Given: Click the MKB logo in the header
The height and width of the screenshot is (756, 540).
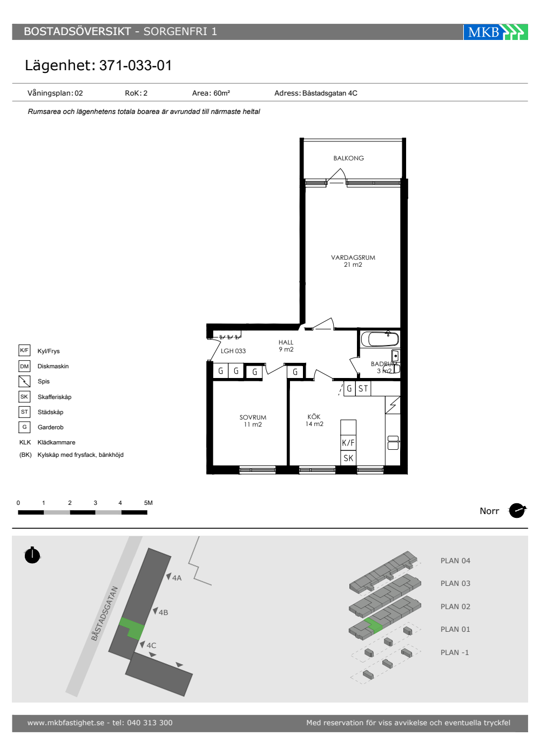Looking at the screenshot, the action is (496, 32).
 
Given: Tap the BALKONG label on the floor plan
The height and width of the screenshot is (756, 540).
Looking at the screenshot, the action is (349, 158).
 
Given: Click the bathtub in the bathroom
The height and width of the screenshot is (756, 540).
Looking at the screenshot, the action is (380, 339).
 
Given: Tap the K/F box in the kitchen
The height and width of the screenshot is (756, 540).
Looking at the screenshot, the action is (348, 443).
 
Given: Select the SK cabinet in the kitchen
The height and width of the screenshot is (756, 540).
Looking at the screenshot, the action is (348, 458).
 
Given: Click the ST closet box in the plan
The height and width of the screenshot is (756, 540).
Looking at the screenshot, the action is (363, 388).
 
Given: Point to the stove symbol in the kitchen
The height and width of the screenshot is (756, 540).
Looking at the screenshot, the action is (393, 405).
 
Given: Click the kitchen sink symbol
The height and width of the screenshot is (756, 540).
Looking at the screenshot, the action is (393, 443).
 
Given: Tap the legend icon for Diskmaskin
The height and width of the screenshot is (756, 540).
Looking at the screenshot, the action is (24, 366).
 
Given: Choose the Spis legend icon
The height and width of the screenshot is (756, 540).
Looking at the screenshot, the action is (24, 381).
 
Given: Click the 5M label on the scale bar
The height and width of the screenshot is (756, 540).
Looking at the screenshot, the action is (148, 503).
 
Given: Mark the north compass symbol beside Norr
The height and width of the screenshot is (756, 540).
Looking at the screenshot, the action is (517, 511).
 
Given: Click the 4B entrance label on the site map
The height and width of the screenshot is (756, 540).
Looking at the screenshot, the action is (163, 612).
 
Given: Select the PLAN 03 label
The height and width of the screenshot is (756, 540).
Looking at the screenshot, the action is (455, 584).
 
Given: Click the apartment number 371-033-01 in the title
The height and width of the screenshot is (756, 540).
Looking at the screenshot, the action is (136, 65).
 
